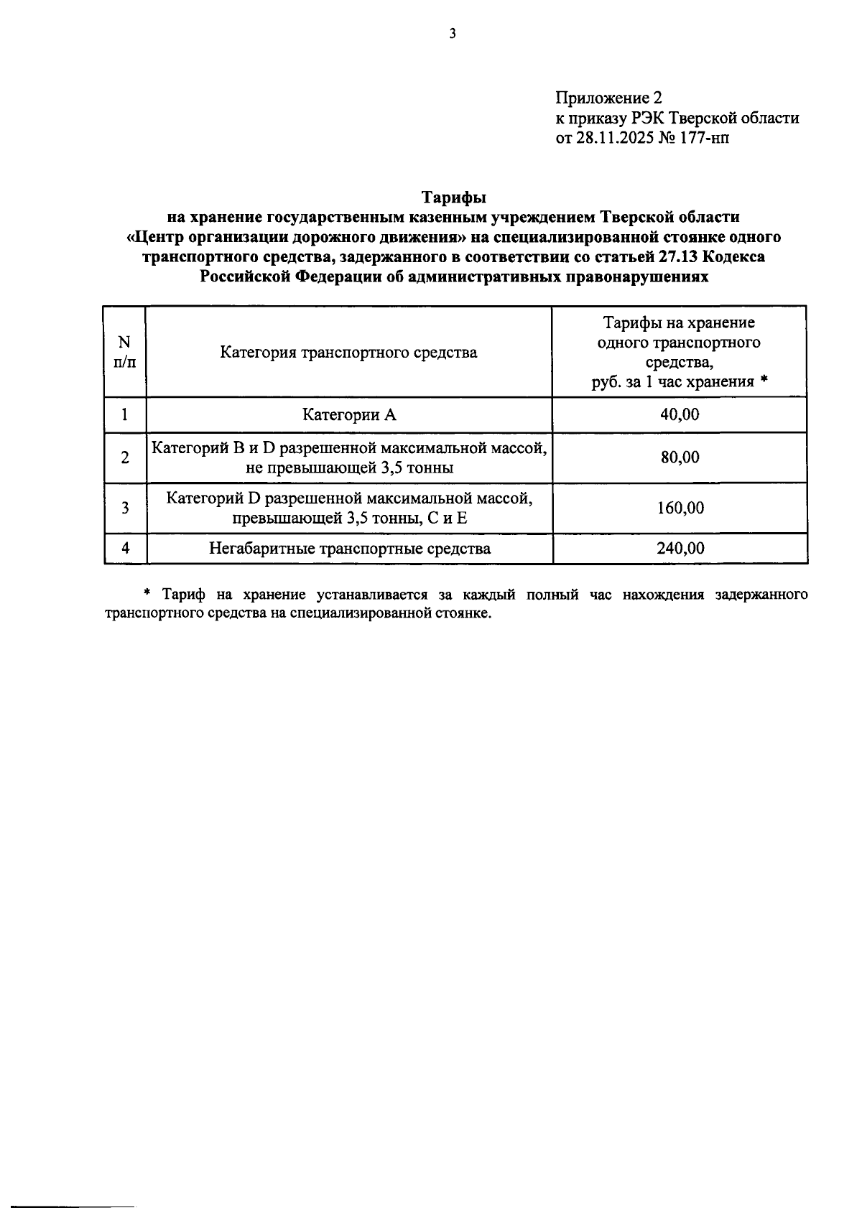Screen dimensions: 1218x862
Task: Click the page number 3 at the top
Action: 453,34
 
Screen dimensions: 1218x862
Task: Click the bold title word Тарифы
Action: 453,197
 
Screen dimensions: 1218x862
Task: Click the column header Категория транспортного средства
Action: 348,353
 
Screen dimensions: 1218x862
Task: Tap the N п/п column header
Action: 124,352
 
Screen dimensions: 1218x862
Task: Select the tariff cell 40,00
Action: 680,415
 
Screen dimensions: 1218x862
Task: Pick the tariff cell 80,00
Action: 680,457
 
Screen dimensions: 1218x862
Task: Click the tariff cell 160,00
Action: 680,508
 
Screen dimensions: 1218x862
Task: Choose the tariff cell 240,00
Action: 680,549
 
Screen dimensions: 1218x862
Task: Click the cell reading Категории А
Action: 348,415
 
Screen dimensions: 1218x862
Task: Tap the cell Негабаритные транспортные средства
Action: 350,549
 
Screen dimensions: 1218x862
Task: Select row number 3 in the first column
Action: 125,508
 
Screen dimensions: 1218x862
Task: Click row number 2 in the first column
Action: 125,457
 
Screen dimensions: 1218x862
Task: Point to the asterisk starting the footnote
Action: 147,594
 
